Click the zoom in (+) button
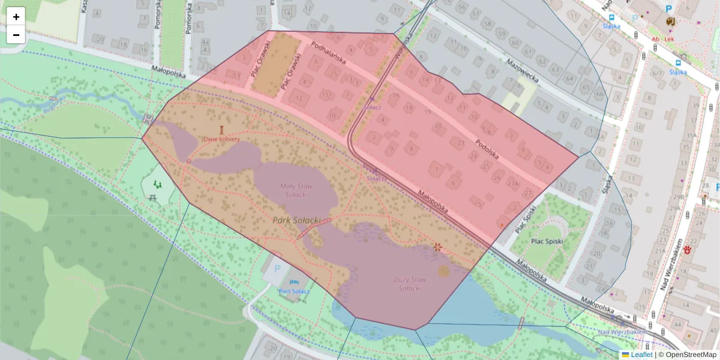(x=16, y=17)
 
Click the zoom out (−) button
(x=16, y=35)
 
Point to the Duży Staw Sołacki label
(x=410, y=284)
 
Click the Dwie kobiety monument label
(x=222, y=139)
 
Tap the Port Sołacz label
(x=293, y=291)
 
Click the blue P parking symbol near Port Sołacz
(x=277, y=271)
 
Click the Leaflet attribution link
(x=641, y=355)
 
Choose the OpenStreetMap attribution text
(x=690, y=355)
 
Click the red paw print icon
(x=687, y=250)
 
